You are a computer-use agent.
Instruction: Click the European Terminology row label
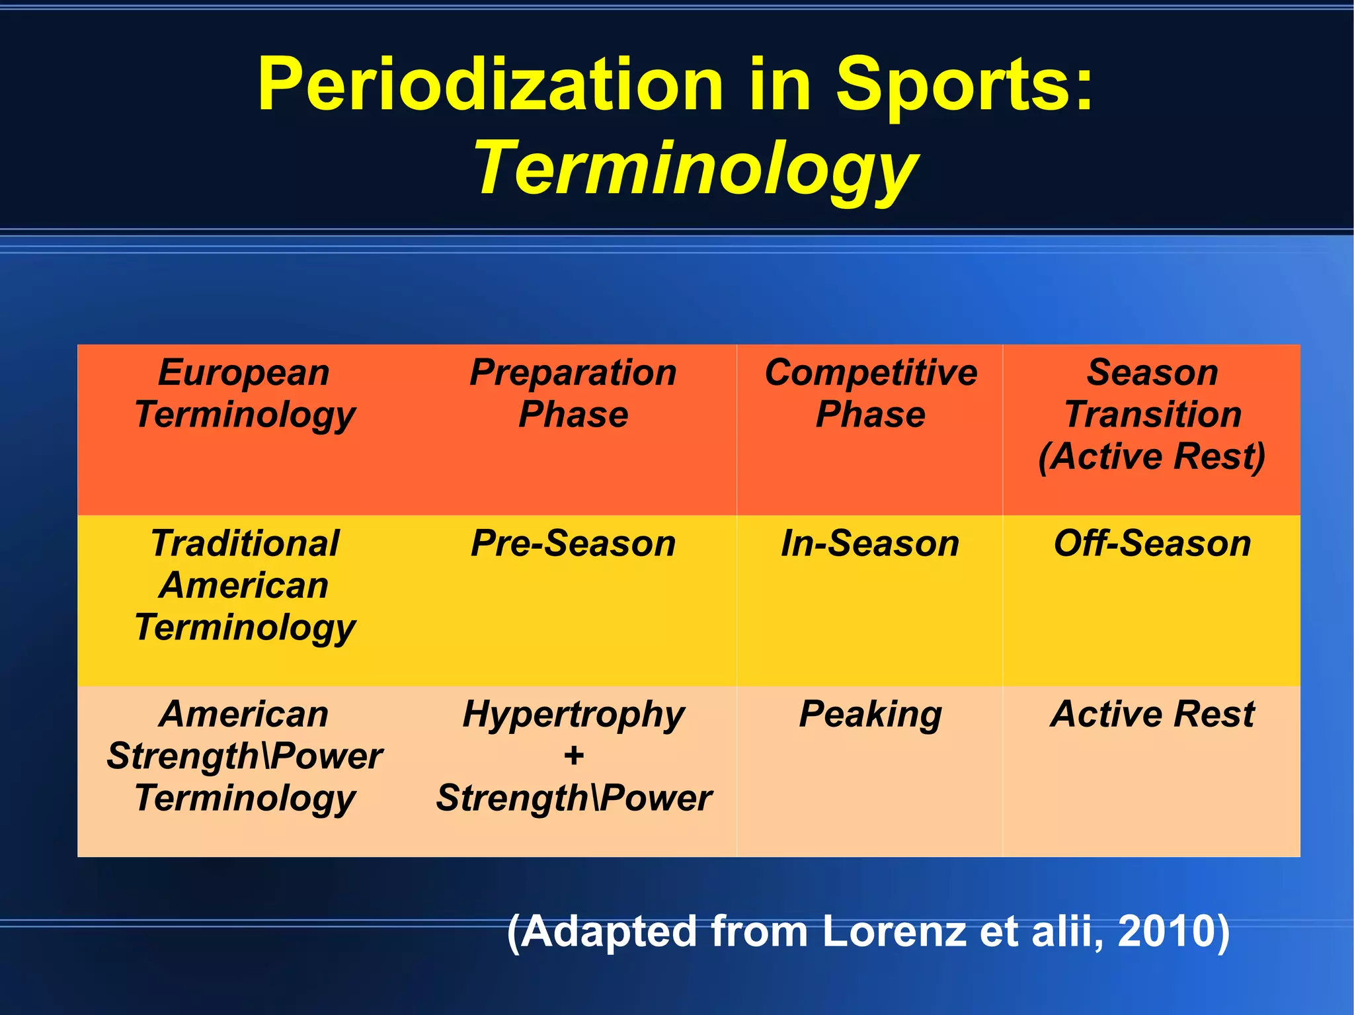tap(245, 393)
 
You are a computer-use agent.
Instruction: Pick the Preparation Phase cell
tap(573, 393)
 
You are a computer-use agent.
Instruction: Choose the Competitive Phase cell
tap(871, 393)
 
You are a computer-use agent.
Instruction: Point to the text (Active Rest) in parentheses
tap(1152, 456)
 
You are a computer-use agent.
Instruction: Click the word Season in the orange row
tap(1152, 372)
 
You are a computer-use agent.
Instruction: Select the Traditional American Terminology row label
tap(245, 585)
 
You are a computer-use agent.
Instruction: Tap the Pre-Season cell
tap(573, 544)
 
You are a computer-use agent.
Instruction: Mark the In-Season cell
tap(870, 544)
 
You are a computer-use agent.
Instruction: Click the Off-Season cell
tap(1152, 544)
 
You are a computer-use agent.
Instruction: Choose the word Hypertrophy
tap(573, 715)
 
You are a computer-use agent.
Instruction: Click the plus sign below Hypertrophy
tap(574, 756)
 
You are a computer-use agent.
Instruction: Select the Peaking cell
tap(870, 715)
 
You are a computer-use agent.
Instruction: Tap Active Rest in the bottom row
tap(1152, 715)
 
